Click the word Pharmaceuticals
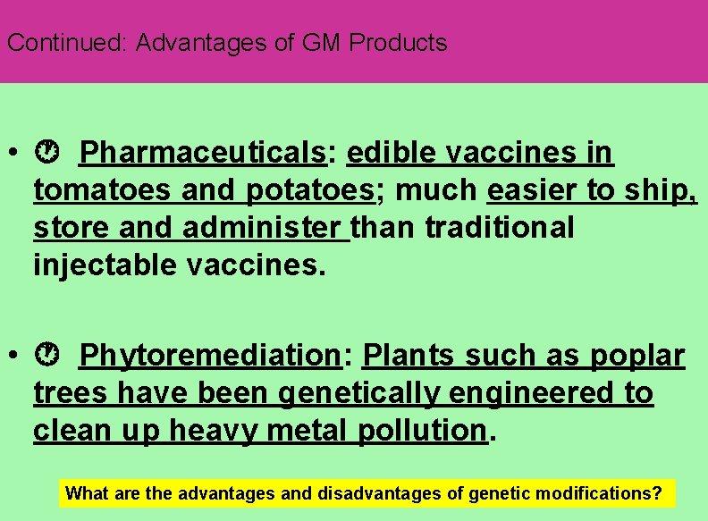(203, 154)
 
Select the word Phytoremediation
(210, 356)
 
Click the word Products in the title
(398, 43)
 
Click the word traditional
(500, 227)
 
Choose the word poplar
(637, 356)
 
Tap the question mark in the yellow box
(658, 493)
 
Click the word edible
(392, 154)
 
